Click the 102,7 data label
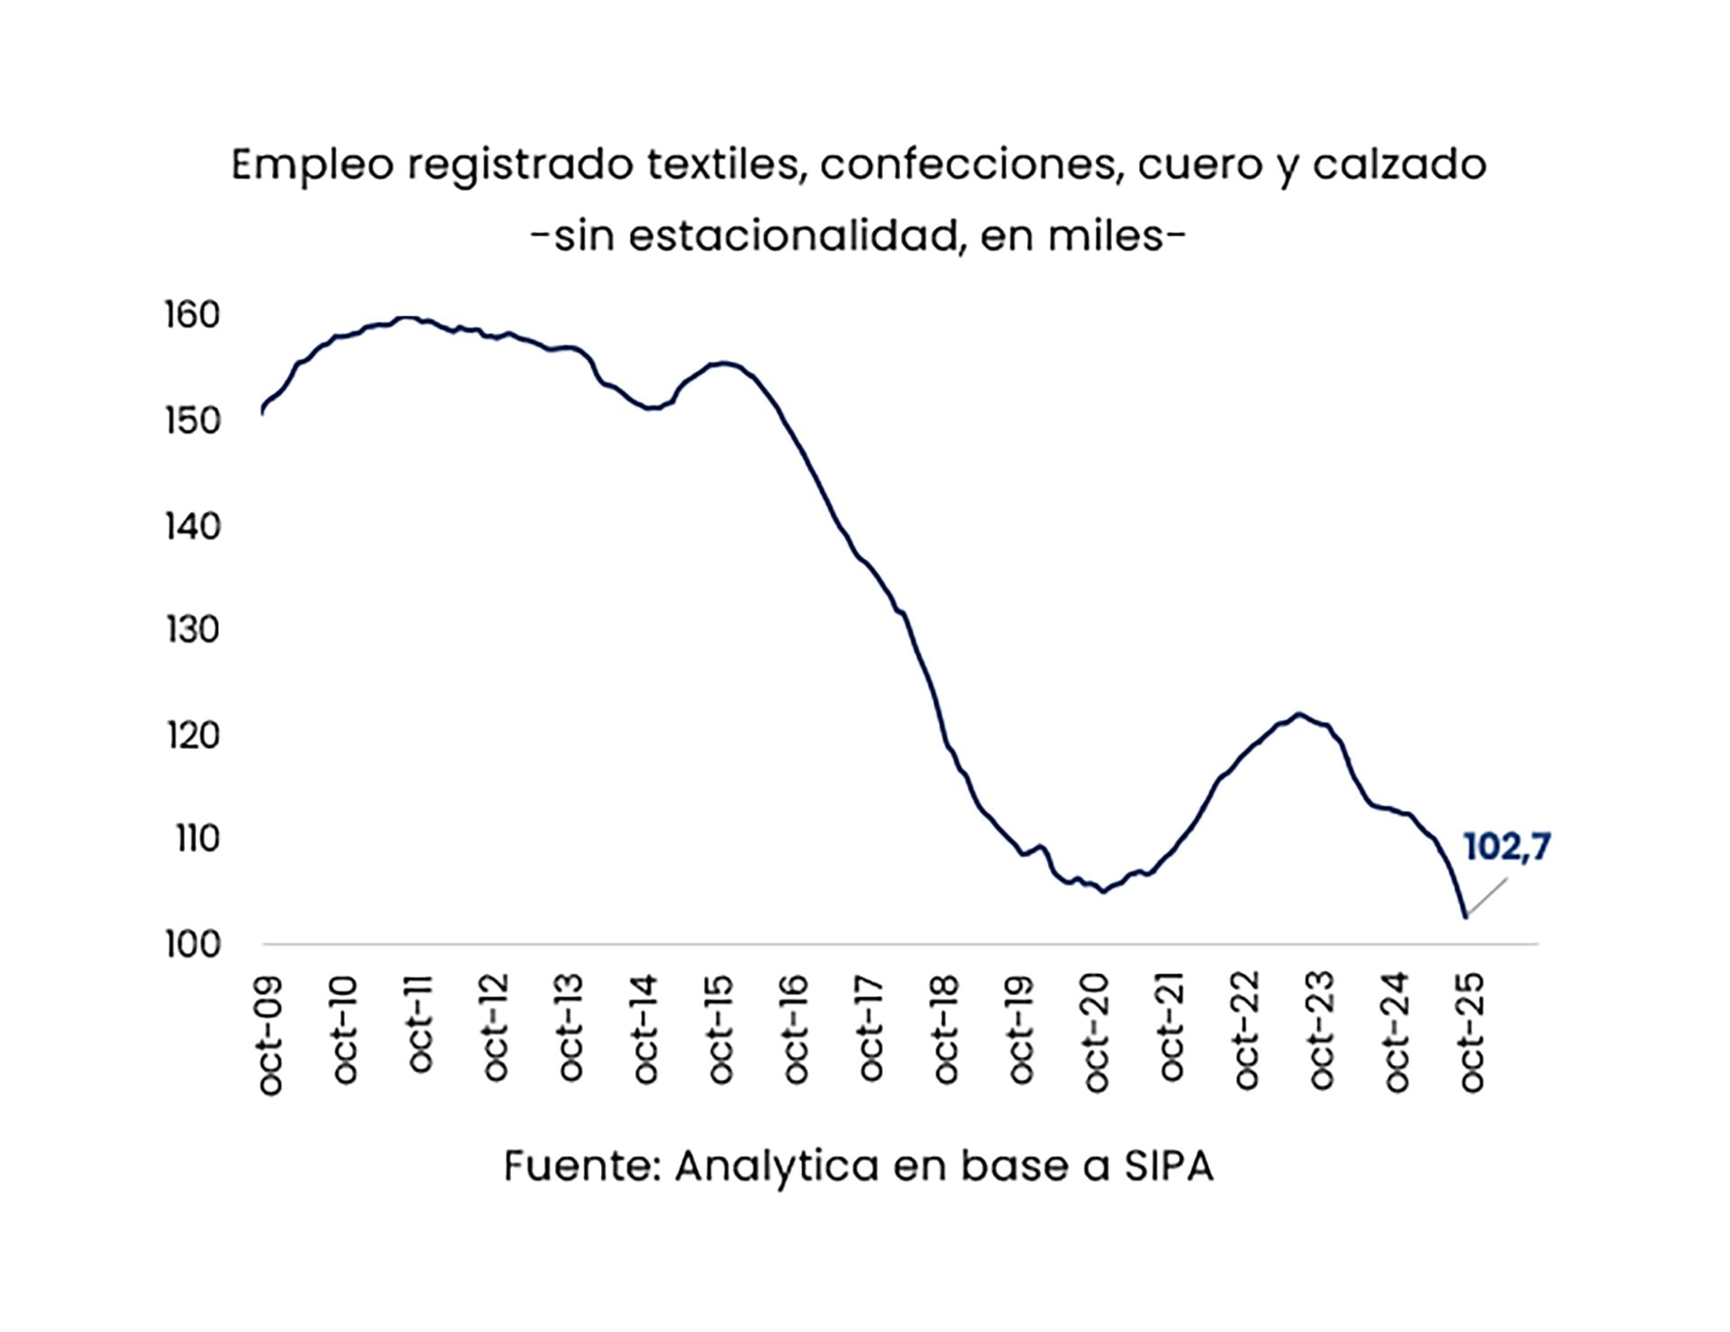(x=1507, y=847)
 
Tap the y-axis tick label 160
(x=192, y=315)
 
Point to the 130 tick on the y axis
(x=192, y=630)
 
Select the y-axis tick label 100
(x=192, y=944)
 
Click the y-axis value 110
(x=197, y=839)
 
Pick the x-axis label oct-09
(x=270, y=1035)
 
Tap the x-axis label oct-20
(x=1097, y=1033)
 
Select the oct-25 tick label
(x=1471, y=1033)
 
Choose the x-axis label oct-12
(x=496, y=1028)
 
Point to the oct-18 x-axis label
(x=946, y=1028)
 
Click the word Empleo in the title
(x=313, y=166)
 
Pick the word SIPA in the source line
(x=1169, y=1166)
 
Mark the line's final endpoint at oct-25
(x=1466, y=917)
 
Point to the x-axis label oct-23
(x=1322, y=1030)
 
